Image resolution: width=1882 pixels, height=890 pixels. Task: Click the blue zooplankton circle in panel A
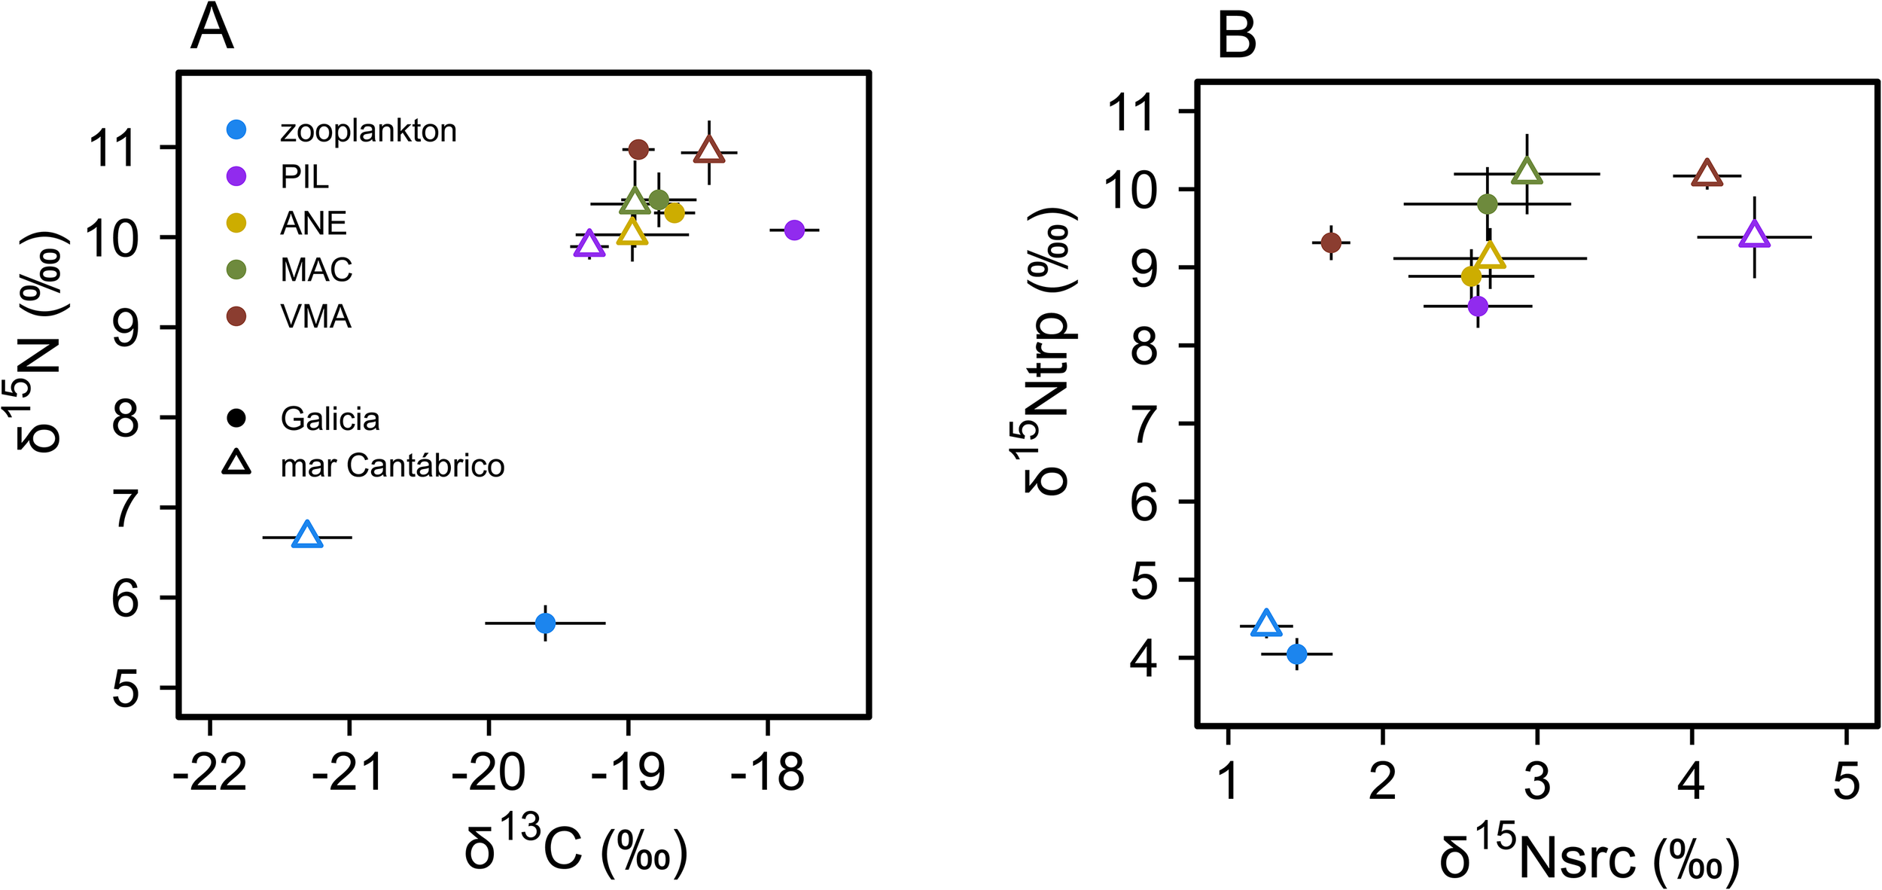coord(545,623)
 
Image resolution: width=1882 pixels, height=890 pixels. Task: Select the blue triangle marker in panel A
coord(307,535)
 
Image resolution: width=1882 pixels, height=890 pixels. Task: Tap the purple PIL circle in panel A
coord(794,230)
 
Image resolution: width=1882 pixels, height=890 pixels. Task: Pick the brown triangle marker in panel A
coord(709,151)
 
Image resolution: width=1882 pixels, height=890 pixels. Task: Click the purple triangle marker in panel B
coord(1754,235)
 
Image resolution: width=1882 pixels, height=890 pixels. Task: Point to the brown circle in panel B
coord(1331,242)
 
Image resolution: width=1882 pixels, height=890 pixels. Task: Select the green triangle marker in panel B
coord(1527,172)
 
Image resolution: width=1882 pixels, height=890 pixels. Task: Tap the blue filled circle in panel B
coord(1296,654)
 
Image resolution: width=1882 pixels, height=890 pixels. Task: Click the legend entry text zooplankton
coord(368,131)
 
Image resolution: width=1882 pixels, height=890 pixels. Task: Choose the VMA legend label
coord(315,317)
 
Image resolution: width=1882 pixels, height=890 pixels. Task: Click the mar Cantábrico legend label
coord(391,466)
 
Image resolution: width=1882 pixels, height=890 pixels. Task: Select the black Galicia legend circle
coord(236,418)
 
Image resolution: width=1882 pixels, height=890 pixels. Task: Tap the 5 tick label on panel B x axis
coord(1846,781)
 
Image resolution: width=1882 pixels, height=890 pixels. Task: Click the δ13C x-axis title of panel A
coord(576,851)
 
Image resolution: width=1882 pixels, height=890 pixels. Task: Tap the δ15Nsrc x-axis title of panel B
coord(1588,858)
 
